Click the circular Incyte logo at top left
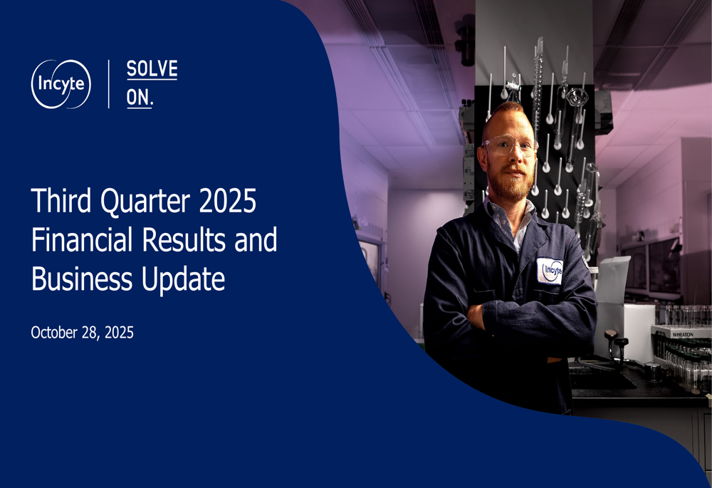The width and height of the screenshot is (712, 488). [x=61, y=84]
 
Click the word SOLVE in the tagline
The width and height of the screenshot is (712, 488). [x=152, y=70]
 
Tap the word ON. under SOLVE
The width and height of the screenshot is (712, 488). [x=140, y=98]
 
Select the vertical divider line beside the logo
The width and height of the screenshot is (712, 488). [x=109, y=84]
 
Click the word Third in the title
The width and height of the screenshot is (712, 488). [x=59, y=202]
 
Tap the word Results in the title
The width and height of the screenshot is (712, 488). [x=189, y=241]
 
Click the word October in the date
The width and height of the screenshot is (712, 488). [x=57, y=332]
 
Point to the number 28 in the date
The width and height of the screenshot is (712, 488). [x=94, y=332]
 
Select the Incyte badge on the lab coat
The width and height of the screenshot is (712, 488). [x=550, y=271]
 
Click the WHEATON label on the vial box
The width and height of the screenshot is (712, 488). [x=681, y=333]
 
